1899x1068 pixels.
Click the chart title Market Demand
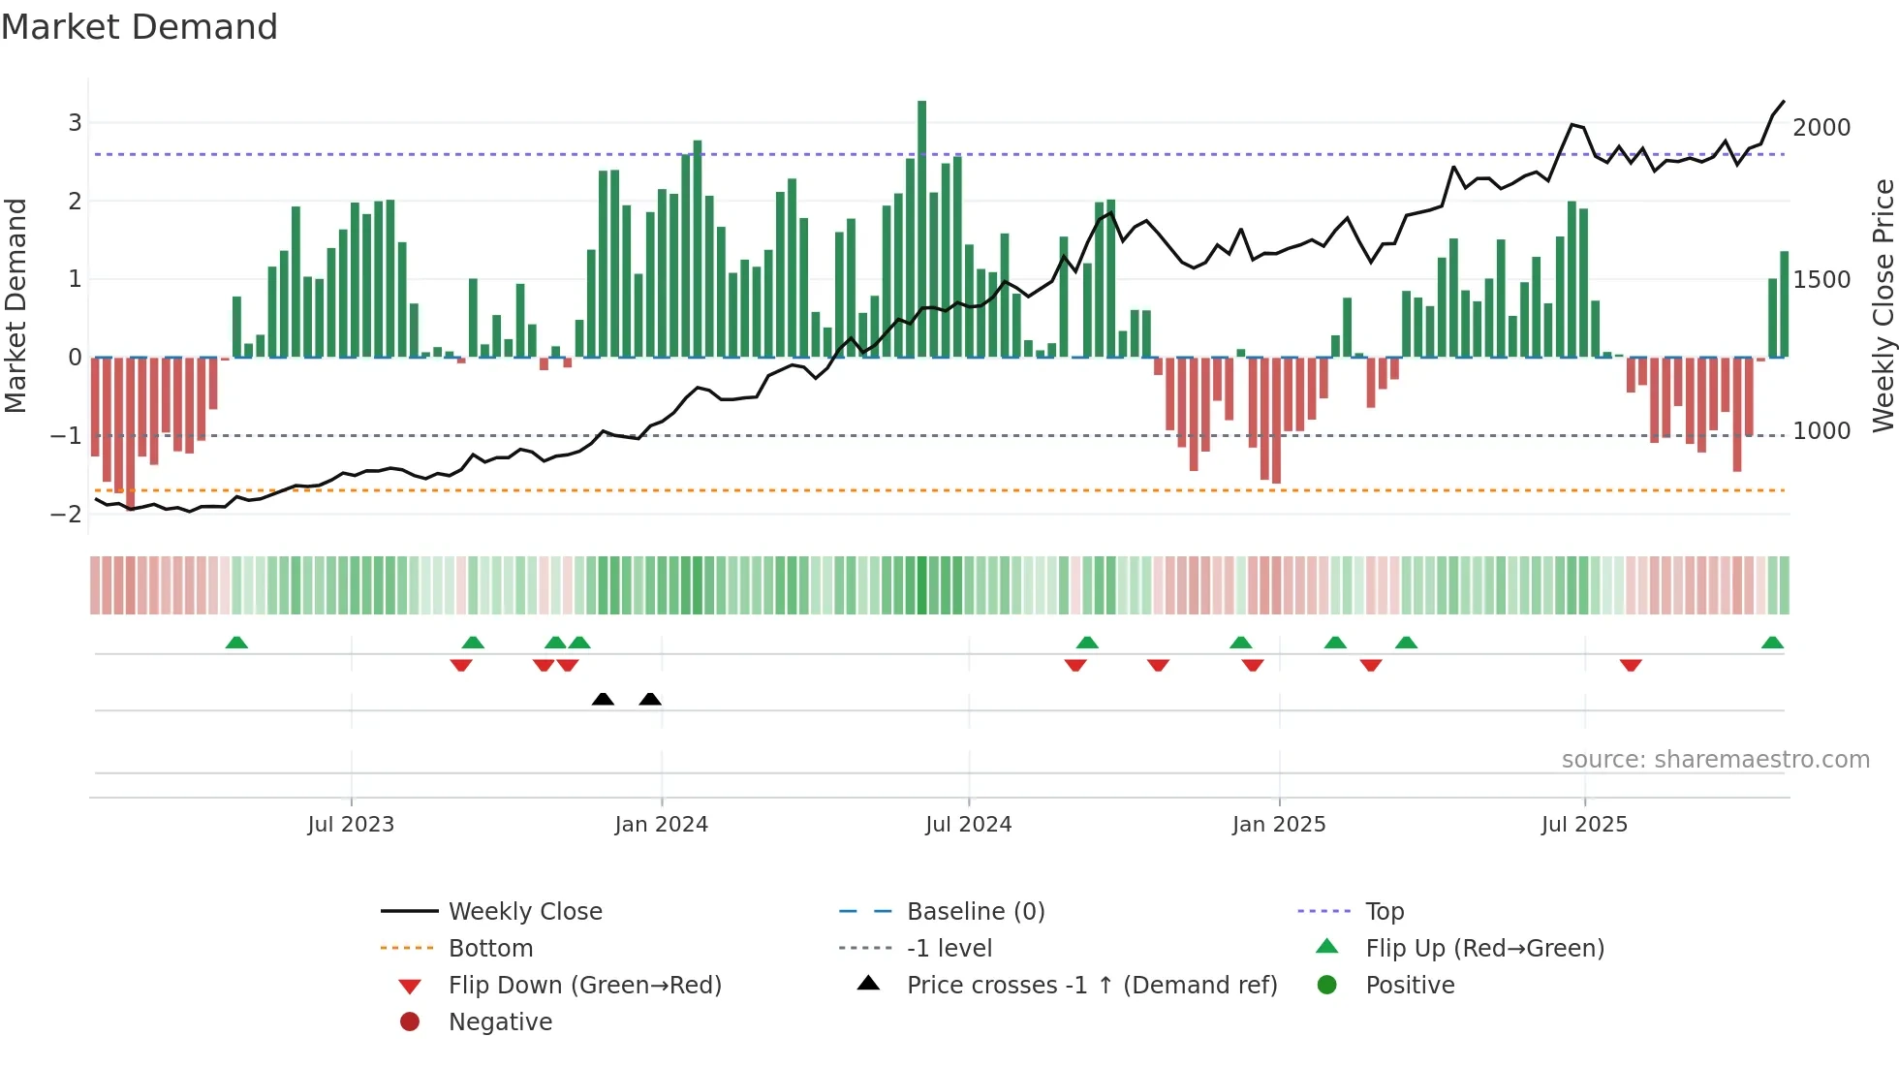click(x=140, y=27)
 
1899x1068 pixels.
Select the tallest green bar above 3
click(x=921, y=229)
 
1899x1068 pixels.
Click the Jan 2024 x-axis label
click(x=661, y=825)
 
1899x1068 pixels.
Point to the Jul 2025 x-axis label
click(x=1584, y=825)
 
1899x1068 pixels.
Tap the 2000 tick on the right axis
click(x=1821, y=128)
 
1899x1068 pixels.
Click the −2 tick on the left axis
click(x=67, y=515)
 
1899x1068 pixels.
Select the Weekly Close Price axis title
click(x=1883, y=305)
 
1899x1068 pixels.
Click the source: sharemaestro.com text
click(x=1715, y=760)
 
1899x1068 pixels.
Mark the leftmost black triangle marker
click(x=603, y=699)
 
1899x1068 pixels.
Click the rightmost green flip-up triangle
click(x=1772, y=643)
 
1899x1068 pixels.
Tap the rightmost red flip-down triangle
click(x=1631, y=665)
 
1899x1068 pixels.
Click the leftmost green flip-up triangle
click(x=236, y=643)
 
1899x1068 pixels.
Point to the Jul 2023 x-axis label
click(x=351, y=825)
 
